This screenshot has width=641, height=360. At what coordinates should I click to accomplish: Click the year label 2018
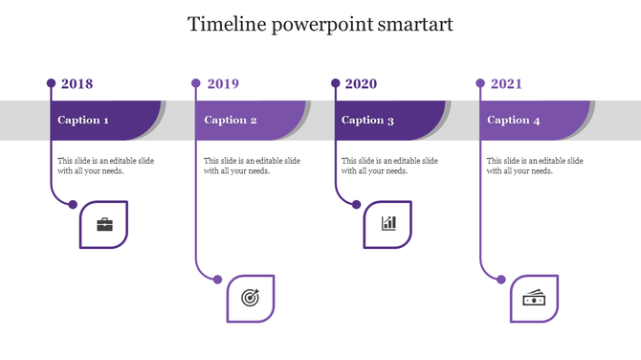pyautogui.click(x=77, y=84)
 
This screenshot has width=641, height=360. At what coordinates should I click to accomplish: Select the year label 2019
pyautogui.click(x=222, y=84)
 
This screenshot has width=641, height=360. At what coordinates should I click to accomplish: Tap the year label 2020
pyautogui.click(x=361, y=84)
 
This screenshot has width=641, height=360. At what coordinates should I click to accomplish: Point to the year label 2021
pyautogui.click(x=506, y=84)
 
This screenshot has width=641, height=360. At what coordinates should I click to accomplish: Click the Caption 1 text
pyautogui.click(x=83, y=121)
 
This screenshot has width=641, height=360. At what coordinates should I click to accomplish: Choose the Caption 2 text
pyautogui.click(x=231, y=121)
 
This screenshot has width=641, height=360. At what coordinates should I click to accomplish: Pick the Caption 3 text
pyautogui.click(x=368, y=121)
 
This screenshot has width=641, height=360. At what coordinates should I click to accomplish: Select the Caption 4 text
pyautogui.click(x=514, y=121)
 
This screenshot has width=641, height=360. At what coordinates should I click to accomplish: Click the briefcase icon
pyautogui.click(x=104, y=225)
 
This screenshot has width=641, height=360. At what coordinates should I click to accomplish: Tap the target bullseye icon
pyautogui.click(x=250, y=299)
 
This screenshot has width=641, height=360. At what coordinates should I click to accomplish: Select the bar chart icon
pyautogui.click(x=388, y=224)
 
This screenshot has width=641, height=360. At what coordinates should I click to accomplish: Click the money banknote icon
pyautogui.click(x=534, y=299)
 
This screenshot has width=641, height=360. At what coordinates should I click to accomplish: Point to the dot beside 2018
pyautogui.click(x=51, y=83)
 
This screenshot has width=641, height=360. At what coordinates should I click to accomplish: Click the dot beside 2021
pyautogui.click(x=480, y=83)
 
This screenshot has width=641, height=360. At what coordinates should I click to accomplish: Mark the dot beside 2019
pyautogui.click(x=196, y=83)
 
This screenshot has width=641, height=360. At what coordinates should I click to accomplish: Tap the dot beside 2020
pyautogui.click(x=335, y=83)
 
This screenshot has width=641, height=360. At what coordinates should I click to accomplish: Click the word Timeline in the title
pyautogui.click(x=229, y=25)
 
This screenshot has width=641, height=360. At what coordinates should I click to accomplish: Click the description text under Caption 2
pyautogui.click(x=252, y=166)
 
